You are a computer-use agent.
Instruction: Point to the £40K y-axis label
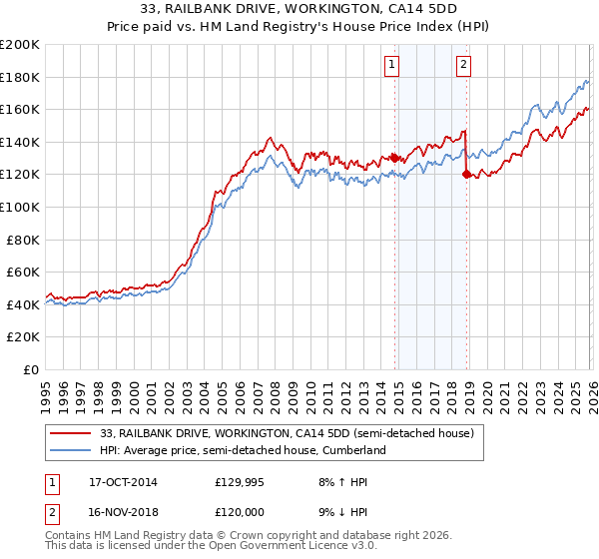pyautogui.click(x=23, y=304)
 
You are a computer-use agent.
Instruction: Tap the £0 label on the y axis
pyautogui.click(x=31, y=369)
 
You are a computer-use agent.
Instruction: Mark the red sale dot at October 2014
pyautogui.click(x=394, y=158)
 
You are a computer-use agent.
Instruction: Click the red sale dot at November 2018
pyautogui.click(x=466, y=175)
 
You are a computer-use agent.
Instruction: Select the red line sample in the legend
pyautogui.click(x=72, y=433)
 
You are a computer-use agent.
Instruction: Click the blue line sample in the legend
pyautogui.click(x=72, y=450)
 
